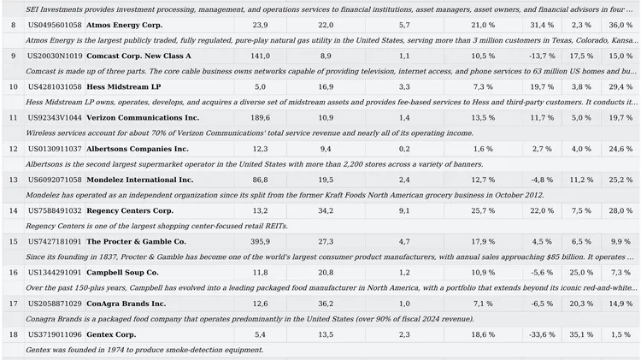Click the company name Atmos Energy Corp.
point(124,25)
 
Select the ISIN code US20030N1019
point(55,56)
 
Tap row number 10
point(14,86)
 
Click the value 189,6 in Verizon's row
point(260,118)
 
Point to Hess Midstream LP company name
point(123,86)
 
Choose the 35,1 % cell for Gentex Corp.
point(581,334)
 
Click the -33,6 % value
point(542,334)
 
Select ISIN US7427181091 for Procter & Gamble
point(55,241)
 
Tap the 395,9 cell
point(260,241)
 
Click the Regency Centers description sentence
point(156,226)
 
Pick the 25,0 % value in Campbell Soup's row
point(581,273)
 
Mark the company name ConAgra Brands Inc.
point(126,304)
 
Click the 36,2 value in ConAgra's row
point(326,304)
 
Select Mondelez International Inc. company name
point(140,180)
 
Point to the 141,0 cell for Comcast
point(260,56)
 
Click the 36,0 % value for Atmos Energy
point(620,25)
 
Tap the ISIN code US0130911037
point(55,149)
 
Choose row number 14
point(14,210)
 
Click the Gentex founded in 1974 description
point(144,350)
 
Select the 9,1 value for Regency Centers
point(404,210)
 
